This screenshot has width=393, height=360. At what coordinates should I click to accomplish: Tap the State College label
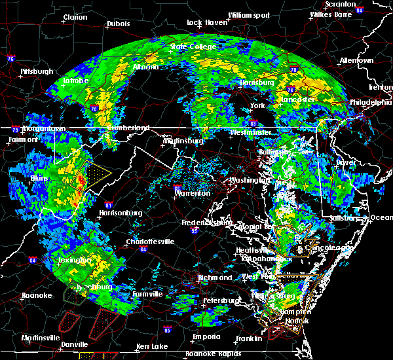[x=187, y=46]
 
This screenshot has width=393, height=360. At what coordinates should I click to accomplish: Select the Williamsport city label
[x=248, y=14]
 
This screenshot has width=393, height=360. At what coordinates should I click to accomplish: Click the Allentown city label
[x=356, y=60]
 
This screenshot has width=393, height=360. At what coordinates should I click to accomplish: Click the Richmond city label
[x=215, y=278]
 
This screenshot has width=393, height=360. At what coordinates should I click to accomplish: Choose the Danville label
[x=73, y=344]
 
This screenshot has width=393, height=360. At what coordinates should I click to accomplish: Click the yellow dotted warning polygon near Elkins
[x=98, y=173]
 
